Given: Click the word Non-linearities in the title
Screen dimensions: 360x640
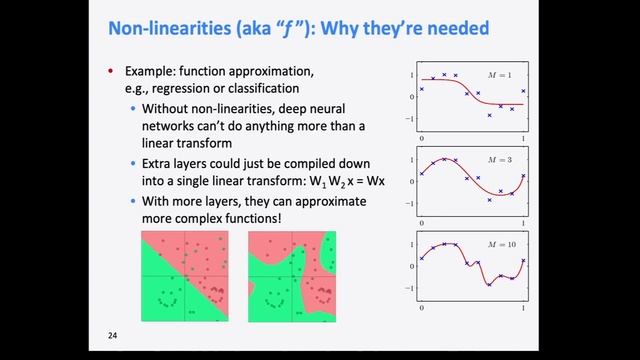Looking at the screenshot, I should pyautogui.click(x=164, y=29).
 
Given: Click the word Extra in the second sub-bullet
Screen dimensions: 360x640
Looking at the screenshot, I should pyautogui.click(x=160, y=163).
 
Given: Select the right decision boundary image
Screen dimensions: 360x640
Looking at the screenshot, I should pyautogui.click(x=292, y=275).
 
